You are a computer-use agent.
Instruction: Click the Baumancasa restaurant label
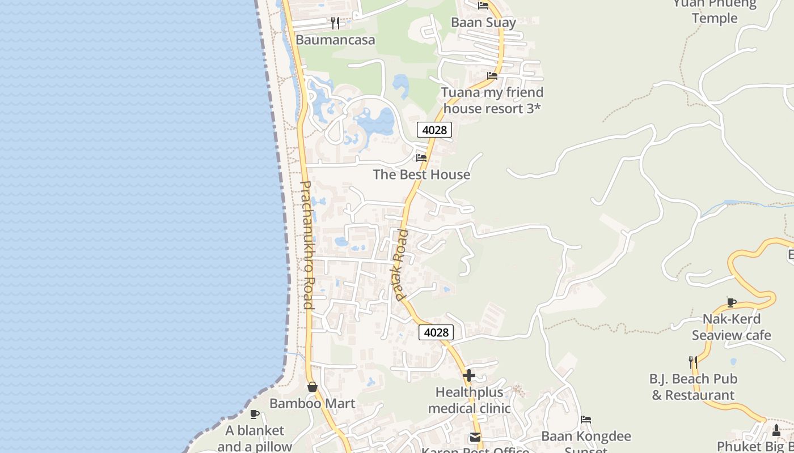click(x=335, y=40)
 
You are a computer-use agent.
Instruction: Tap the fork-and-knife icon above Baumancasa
click(x=335, y=23)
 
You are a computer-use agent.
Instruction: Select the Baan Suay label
click(x=483, y=22)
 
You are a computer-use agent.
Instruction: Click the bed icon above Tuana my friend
click(x=492, y=75)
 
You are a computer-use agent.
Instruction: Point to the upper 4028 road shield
click(x=434, y=130)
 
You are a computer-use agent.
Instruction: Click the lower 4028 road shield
click(x=436, y=332)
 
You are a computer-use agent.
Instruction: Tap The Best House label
click(x=421, y=174)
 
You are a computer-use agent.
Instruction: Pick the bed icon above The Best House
click(x=421, y=157)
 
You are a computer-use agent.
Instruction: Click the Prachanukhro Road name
click(x=307, y=245)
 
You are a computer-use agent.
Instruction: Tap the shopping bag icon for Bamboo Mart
click(x=312, y=387)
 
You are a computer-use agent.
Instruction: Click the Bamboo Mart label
click(x=312, y=403)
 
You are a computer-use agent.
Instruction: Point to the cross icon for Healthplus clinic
click(x=469, y=375)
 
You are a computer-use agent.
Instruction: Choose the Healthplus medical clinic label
click(x=469, y=400)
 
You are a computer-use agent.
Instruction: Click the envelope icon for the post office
click(x=475, y=437)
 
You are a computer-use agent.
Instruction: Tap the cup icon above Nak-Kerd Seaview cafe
click(x=731, y=302)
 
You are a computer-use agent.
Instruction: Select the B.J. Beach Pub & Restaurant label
click(x=692, y=387)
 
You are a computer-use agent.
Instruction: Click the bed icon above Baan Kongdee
click(x=586, y=420)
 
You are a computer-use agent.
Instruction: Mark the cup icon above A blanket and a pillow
click(x=254, y=414)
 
